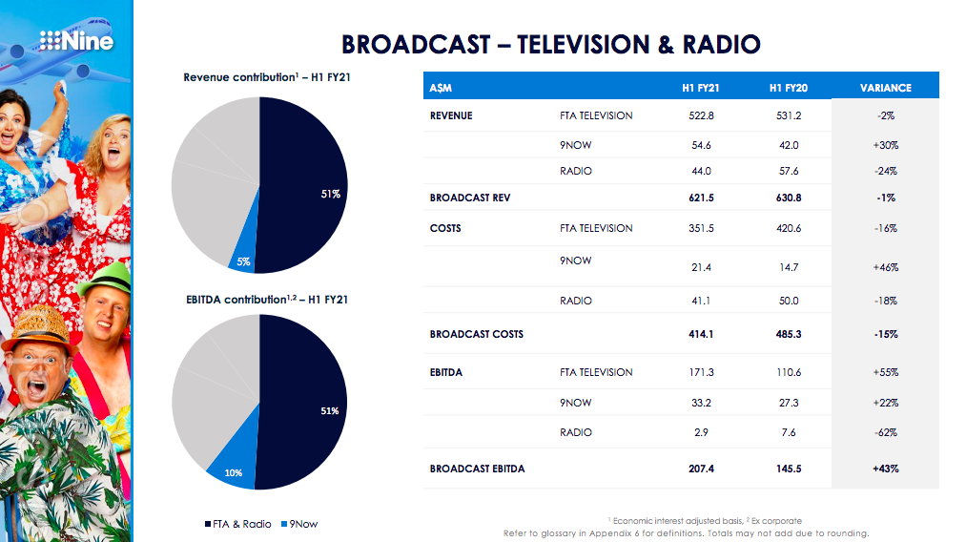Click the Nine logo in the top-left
point(76,40)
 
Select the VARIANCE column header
point(885,88)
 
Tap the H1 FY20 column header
point(789,88)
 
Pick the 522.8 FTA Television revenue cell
point(700,116)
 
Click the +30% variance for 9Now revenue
point(885,145)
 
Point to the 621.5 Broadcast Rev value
point(700,198)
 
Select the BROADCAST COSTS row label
point(476,334)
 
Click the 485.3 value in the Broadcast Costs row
point(789,334)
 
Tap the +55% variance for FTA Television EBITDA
point(885,372)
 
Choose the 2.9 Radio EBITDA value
point(700,433)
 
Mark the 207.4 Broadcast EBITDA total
point(700,469)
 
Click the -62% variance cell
point(885,433)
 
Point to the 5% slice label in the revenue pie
point(244,261)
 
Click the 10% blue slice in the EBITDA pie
point(233,470)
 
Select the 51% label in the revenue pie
point(330,194)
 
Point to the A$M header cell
point(441,88)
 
